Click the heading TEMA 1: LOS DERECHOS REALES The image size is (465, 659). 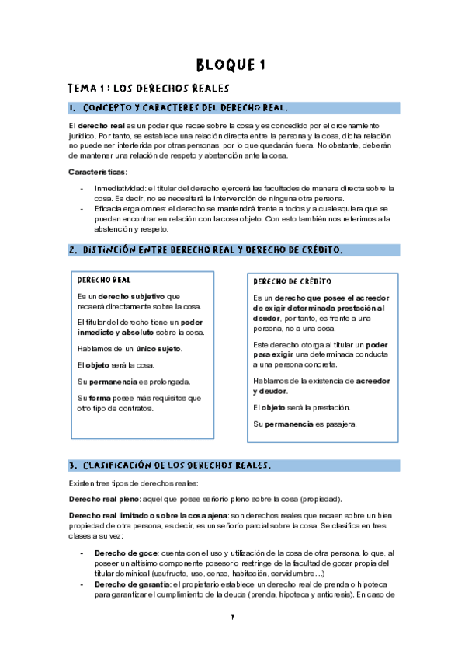pyautogui.click(x=147, y=89)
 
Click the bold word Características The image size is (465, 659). pyautogui.click(x=97, y=172)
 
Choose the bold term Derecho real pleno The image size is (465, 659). pyautogui.click(x=101, y=499)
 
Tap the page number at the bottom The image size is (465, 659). pyautogui.click(x=232, y=640)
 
